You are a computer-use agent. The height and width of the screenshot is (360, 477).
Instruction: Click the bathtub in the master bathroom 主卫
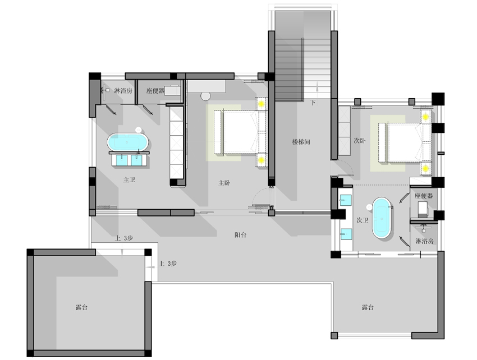(128, 142)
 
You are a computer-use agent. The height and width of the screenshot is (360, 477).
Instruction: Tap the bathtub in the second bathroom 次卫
(382, 218)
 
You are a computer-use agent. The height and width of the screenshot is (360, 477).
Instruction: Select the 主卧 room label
(224, 183)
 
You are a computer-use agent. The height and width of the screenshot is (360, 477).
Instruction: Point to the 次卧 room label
(360, 141)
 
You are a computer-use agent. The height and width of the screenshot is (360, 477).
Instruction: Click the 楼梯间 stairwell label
(301, 142)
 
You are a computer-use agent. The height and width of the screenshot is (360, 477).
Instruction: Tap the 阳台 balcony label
(240, 235)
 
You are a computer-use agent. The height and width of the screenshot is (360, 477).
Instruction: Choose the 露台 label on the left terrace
(81, 307)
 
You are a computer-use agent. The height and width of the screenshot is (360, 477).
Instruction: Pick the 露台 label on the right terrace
(368, 307)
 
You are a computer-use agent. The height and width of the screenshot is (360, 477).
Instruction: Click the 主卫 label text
(129, 179)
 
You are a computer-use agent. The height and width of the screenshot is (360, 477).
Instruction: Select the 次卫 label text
(363, 220)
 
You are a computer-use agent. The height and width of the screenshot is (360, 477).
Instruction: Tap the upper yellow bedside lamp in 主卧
(262, 104)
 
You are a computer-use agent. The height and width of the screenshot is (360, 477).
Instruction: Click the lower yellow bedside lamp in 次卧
(425, 168)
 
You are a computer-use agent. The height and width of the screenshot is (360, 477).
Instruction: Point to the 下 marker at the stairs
(313, 103)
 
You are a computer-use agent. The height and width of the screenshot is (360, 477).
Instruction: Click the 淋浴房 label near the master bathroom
(123, 91)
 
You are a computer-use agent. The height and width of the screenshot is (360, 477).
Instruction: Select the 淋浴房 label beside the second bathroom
(424, 241)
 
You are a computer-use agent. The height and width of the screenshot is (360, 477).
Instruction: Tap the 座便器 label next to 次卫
(424, 196)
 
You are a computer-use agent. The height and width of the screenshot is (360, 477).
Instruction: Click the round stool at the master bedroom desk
(205, 96)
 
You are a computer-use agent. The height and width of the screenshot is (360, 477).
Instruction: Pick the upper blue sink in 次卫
(345, 200)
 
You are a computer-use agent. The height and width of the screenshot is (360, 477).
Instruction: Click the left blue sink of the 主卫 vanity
(121, 160)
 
